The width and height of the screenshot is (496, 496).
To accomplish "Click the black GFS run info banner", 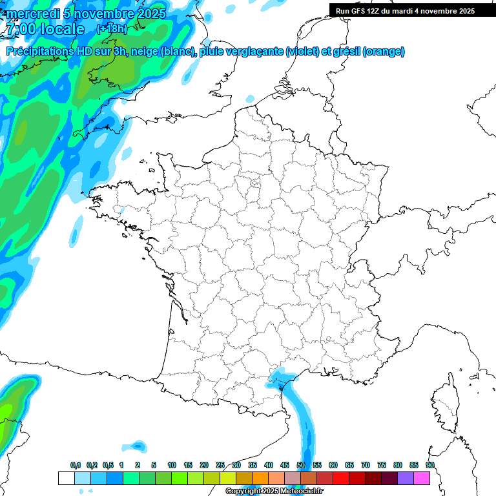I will pyautogui.click(x=412, y=10).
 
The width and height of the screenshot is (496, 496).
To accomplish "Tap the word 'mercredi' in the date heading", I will pyautogui.click(x=32, y=14).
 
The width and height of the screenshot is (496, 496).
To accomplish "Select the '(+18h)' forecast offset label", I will pyautogui.click(x=111, y=29).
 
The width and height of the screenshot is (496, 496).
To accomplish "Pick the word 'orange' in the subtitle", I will pyautogui.click(x=384, y=52).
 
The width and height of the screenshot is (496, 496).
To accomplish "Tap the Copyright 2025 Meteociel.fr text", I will pyautogui.click(x=273, y=491).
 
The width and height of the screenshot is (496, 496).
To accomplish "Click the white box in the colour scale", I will pyautogui.click(x=66, y=478).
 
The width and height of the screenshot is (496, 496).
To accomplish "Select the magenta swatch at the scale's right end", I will pyautogui.click(x=422, y=478).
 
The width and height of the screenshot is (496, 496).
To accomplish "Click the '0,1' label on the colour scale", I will pyautogui.click(x=75, y=466).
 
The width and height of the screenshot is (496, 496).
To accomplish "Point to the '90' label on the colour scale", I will pyautogui.click(x=430, y=466).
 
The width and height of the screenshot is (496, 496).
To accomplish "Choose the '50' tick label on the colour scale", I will pyautogui.click(x=301, y=466).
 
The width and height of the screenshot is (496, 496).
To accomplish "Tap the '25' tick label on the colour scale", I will pyautogui.click(x=220, y=466).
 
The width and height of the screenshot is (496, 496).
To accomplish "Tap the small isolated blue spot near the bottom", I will pyautogui.click(x=138, y=446).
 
